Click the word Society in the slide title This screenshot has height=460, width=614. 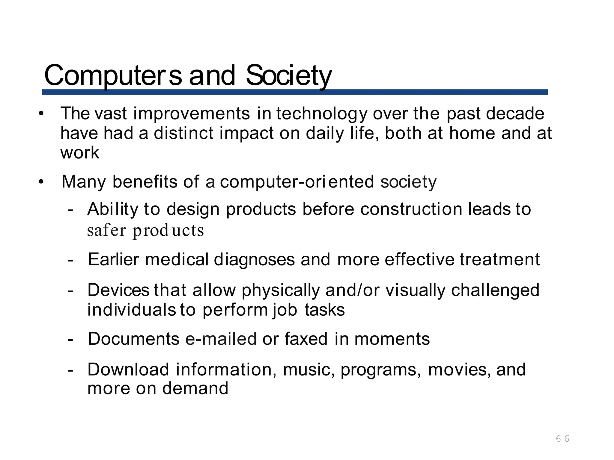289,75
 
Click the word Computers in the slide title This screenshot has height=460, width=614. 113,75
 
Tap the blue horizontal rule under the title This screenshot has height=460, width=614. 295,92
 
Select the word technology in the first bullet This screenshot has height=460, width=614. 322,114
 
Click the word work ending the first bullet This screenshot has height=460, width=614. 79,153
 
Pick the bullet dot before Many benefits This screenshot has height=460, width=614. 41,182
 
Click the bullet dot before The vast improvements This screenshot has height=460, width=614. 41,114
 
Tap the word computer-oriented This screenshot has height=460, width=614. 297,182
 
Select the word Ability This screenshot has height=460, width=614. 112,209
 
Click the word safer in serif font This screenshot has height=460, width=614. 106,231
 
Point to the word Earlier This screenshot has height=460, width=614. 113,259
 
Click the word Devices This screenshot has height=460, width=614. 118,290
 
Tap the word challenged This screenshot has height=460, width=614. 495,290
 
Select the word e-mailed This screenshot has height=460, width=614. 221,339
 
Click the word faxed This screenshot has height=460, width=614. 306,339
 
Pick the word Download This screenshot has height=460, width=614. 128,370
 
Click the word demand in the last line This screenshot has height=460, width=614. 195,388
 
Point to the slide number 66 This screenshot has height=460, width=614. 562,439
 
